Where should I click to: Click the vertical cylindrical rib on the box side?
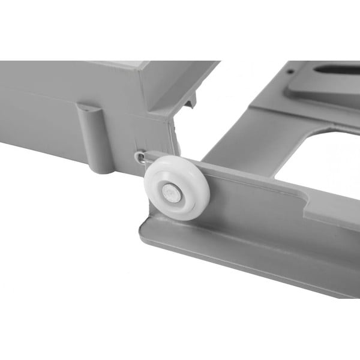90,138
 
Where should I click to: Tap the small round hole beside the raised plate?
290,71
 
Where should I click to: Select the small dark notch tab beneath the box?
189,104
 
